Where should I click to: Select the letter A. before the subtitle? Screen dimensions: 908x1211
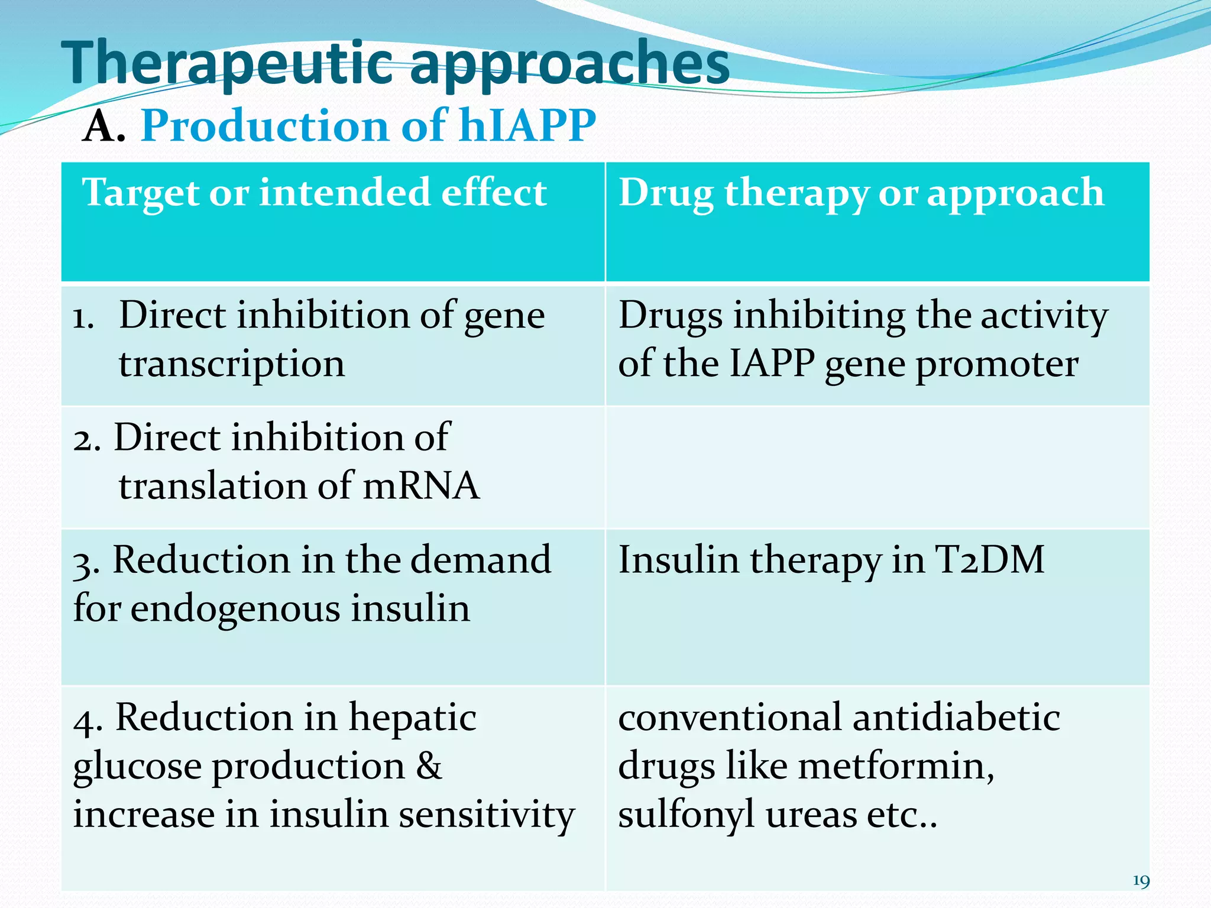coord(103,126)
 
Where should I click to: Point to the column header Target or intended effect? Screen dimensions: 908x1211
coord(315,193)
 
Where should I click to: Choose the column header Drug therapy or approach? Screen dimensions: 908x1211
coord(861,193)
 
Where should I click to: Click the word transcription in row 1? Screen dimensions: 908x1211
coord(232,364)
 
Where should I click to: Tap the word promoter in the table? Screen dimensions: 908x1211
coord(997,364)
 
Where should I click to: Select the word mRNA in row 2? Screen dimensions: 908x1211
coord(420,486)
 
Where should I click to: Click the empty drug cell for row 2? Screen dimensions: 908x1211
coord(878,467)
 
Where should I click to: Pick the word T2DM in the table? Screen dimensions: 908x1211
coord(989,559)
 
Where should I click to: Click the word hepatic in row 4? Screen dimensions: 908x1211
coord(412,718)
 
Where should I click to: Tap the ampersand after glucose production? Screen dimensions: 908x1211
coord(429,766)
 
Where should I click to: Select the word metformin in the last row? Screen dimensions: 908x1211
coord(896,766)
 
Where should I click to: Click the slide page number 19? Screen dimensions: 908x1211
coord(1141,881)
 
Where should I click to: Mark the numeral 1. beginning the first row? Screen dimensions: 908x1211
coord(83,318)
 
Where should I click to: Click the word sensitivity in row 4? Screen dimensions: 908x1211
coord(481,815)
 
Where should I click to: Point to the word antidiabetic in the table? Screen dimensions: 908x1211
coord(956,718)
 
